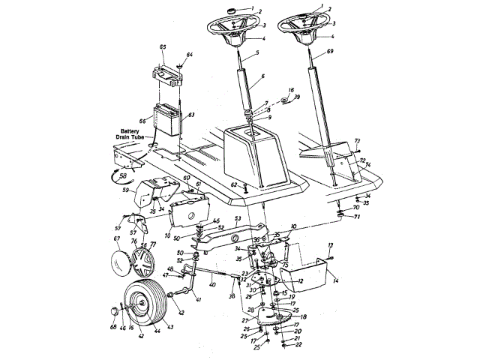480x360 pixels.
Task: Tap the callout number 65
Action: [x=163, y=47]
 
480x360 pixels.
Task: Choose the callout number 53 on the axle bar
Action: [x=237, y=219]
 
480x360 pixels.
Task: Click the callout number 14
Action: [x=336, y=279]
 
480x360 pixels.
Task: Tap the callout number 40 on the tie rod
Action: [x=212, y=285]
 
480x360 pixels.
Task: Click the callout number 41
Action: [x=198, y=299]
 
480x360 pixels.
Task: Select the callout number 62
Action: [x=233, y=184]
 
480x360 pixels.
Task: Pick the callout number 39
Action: [x=297, y=97]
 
